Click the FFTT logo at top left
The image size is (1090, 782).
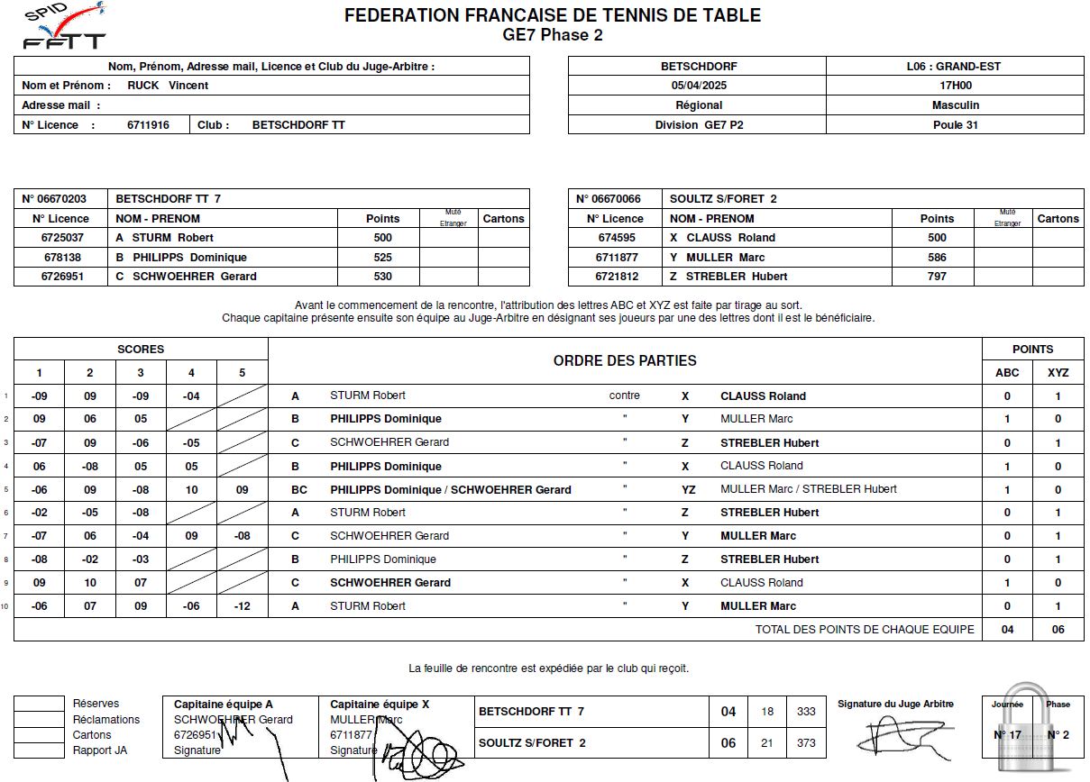(x=64, y=28)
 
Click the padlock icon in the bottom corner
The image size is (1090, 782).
(x=1032, y=733)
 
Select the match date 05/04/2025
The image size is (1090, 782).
(x=697, y=86)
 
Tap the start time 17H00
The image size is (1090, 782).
(x=955, y=86)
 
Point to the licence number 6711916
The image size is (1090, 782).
(x=148, y=125)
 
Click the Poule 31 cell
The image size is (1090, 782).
(x=955, y=125)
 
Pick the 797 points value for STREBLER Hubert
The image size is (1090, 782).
(x=937, y=277)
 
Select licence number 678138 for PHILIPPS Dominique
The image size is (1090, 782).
(x=62, y=257)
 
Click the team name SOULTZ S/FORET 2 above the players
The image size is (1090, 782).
(x=723, y=199)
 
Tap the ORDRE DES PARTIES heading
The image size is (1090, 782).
(x=625, y=360)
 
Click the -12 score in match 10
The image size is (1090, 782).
(x=242, y=606)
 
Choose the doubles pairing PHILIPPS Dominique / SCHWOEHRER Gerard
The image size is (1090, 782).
(x=451, y=490)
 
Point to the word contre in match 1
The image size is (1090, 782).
(x=624, y=396)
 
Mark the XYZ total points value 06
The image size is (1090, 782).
(x=1058, y=630)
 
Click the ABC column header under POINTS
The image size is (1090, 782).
(x=1007, y=372)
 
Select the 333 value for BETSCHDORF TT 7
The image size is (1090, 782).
(x=805, y=712)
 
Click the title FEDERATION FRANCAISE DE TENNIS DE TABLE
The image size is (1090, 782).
(x=553, y=15)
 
